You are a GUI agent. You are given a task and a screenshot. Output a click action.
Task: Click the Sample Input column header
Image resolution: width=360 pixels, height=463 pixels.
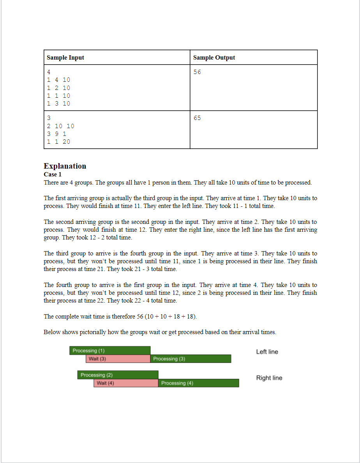[x=65, y=58]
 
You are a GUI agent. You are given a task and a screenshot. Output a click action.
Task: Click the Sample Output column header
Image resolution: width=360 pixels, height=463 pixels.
[x=214, y=58]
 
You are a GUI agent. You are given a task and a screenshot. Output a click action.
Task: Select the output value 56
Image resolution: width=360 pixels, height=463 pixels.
[x=197, y=72]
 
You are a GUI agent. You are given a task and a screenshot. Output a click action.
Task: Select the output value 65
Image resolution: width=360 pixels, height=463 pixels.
[x=197, y=118]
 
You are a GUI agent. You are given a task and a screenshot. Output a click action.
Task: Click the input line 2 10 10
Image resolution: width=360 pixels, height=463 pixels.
[x=60, y=126]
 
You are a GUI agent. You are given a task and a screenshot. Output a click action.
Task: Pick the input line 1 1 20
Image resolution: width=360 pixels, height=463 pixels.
[x=58, y=142]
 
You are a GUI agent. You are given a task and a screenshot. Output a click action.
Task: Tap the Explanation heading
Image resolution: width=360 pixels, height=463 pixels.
[x=65, y=166]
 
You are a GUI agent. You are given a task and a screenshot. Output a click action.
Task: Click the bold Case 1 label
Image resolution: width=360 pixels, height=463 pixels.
[x=53, y=174]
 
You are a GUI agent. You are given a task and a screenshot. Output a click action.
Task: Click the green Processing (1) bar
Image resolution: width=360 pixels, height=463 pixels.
[x=110, y=350]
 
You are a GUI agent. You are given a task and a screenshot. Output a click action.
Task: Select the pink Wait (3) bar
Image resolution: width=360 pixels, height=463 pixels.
[x=118, y=359]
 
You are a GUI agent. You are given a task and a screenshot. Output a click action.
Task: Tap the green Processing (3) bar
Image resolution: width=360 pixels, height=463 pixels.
[x=191, y=359]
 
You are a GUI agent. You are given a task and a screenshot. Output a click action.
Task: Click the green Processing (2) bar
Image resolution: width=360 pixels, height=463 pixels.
[x=118, y=375]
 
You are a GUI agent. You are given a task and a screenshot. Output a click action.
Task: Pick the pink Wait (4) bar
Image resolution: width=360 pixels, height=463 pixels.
[x=126, y=383]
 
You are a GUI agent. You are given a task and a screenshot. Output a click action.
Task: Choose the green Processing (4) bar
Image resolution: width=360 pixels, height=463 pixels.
[x=199, y=383]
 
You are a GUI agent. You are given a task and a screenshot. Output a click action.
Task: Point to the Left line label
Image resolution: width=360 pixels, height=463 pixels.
[x=267, y=352]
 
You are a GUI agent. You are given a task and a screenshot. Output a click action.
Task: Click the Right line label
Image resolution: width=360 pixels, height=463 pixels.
[x=269, y=378]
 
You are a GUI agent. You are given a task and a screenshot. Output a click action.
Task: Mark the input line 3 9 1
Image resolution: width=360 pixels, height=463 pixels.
[x=56, y=134]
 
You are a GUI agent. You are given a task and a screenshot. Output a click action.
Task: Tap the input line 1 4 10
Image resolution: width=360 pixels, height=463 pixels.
[x=58, y=80]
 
